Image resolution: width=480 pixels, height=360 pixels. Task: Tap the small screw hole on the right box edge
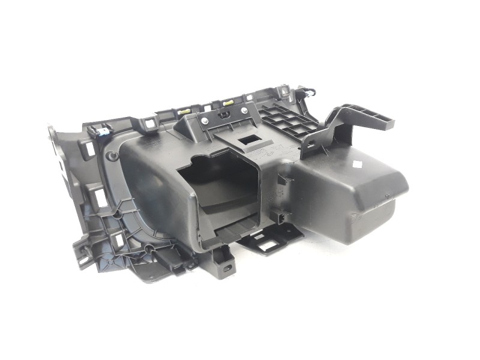353,215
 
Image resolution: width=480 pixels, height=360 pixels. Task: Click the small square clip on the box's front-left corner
277,217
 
